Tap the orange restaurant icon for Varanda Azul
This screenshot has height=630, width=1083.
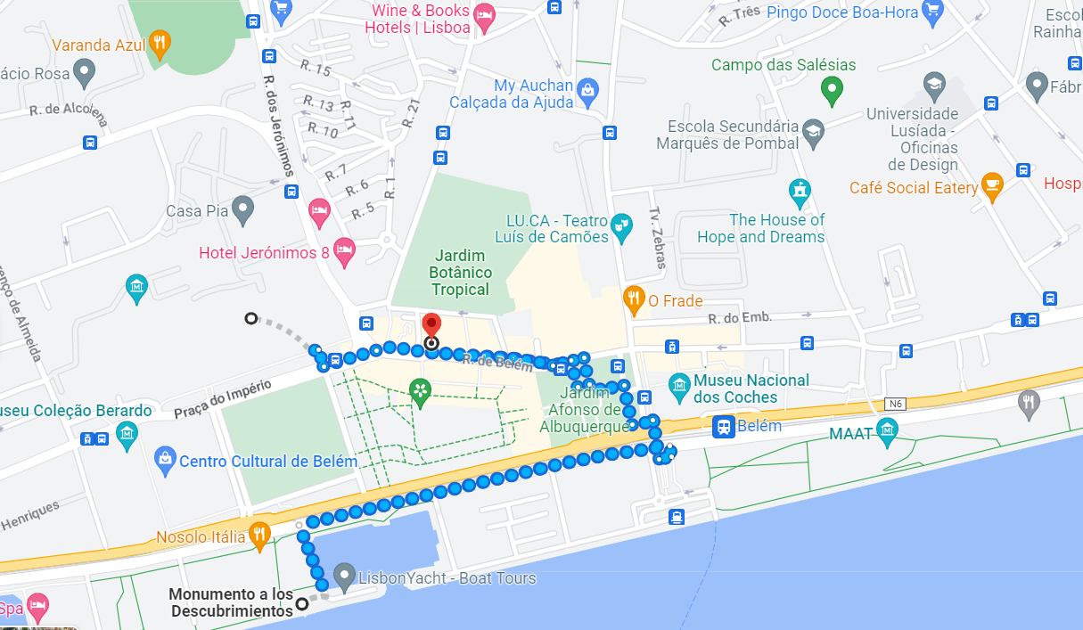point(160,43)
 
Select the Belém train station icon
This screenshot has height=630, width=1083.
point(723,427)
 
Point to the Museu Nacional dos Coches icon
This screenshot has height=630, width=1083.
point(679,385)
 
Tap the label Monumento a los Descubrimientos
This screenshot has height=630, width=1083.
point(231,603)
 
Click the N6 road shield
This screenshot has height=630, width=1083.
point(895,405)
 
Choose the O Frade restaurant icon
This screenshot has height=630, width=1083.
point(634,300)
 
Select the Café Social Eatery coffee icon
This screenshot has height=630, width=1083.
point(991,186)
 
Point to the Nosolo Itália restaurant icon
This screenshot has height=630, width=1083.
point(258,536)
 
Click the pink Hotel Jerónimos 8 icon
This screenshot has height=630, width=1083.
point(344,252)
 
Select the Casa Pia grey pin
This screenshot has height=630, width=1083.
point(242,210)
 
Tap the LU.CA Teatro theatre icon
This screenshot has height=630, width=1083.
point(622,228)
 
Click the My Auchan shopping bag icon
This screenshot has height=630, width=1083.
point(587,90)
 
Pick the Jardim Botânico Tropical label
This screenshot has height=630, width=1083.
point(460,273)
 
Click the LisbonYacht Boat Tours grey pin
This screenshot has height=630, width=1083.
point(344,575)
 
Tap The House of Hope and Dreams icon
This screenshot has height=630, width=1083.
point(800,191)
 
